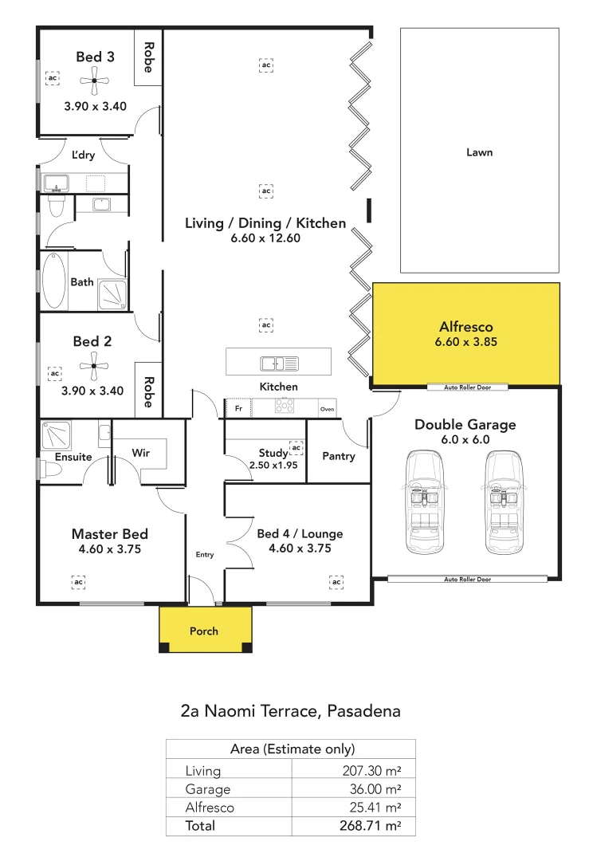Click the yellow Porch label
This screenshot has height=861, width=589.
click(x=204, y=631)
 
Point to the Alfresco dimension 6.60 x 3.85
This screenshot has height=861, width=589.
click(x=466, y=341)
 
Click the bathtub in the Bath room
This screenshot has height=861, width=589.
click(x=53, y=281)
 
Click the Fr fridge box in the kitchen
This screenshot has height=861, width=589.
click(x=238, y=408)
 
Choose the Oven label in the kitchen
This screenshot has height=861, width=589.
click(x=328, y=409)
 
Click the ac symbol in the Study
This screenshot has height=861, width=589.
click(x=296, y=448)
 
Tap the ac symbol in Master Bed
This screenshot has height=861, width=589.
click(x=78, y=583)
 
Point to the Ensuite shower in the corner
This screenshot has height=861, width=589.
click(x=55, y=436)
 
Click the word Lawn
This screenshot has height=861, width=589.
click(x=479, y=152)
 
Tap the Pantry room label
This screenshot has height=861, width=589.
click(x=338, y=456)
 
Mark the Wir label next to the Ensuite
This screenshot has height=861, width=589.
click(x=141, y=453)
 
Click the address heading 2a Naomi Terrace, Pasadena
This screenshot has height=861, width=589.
click(x=290, y=710)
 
